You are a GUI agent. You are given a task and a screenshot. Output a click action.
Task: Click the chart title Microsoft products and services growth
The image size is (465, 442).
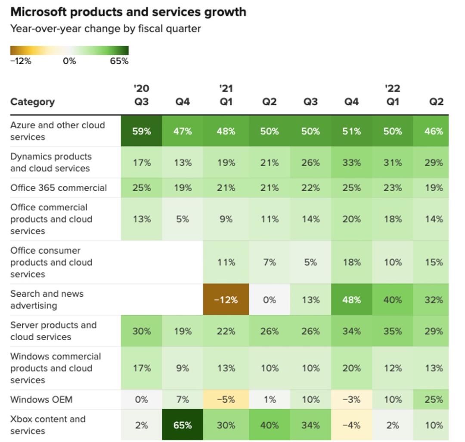click(x=128, y=12)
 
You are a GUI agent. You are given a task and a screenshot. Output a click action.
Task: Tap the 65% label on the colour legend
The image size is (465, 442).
click(x=119, y=61)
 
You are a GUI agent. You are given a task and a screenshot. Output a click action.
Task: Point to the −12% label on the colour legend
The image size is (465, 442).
click(x=21, y=61)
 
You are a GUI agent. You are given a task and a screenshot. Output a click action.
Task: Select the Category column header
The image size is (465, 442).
click(x=32, y=102)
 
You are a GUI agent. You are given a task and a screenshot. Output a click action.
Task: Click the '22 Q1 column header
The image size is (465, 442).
click(x=393, y=95)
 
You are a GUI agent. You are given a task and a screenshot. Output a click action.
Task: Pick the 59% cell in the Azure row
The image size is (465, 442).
click(x=142, y=131)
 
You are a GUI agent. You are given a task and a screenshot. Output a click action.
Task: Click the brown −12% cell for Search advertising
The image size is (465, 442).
click(x=226, y=299)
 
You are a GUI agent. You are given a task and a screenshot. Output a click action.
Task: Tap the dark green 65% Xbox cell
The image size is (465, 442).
click(x=183, y=425)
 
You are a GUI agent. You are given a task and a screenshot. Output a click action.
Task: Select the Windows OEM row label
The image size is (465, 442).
click(x=41, y=399)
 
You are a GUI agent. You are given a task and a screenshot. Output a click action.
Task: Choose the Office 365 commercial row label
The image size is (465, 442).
click(x=59, y=188)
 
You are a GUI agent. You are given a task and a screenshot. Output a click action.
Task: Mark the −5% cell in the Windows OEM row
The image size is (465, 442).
click(x=226, y=399)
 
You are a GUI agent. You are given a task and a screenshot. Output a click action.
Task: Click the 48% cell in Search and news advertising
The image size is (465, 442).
click(x=352, y=299)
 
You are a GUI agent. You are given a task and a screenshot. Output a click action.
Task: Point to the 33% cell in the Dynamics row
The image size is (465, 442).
click(x=352, y=163)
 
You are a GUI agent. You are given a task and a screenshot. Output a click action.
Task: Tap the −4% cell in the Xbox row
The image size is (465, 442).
click(x=352, y=425)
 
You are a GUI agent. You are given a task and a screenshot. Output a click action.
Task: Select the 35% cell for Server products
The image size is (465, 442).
click(x=393, y=331)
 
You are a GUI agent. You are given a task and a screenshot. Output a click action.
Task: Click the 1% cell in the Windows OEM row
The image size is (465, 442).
click(x=270, y=399)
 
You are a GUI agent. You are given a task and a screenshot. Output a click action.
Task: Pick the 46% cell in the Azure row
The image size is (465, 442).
click(x=434, y=131)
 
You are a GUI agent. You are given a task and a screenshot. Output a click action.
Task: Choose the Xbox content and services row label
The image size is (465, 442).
click(x=48, y=425)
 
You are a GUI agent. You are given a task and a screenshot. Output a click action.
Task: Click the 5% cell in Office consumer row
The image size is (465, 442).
click(x=310, y=262)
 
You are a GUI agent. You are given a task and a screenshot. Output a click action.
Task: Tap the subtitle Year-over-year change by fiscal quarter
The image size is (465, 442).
click(x=105, y=29)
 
